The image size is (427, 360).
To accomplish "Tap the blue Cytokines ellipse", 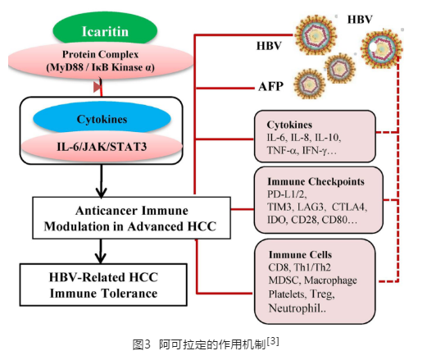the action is coord(102,119).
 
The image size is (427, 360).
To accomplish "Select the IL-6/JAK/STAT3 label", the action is coord(102,147).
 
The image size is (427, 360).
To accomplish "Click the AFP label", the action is coord(270,86).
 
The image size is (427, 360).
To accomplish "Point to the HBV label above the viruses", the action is coord(360,20).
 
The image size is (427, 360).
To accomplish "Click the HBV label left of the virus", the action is coord(269,46).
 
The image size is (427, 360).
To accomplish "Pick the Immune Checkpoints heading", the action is coord(316,181).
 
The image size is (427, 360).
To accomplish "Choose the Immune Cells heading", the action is coord(300,254).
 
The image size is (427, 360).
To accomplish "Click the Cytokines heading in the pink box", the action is coord(289,125).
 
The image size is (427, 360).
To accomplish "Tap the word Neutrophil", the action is coord(295,308).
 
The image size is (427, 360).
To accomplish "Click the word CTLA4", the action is coord(349,207).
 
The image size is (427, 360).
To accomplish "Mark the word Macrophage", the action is coord(330,280).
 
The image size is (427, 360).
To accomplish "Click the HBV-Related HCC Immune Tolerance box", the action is coord(103,285).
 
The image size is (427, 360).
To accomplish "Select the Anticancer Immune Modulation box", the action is coord(131,218).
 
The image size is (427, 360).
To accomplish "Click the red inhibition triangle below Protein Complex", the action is coord(98,87).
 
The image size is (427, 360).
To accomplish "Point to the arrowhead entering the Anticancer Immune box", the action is coord(101,192).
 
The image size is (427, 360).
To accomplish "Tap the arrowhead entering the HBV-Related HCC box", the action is coord(101,257).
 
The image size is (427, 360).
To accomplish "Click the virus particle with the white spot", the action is coord(381,48).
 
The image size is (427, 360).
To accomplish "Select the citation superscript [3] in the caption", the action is coord(273,341).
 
